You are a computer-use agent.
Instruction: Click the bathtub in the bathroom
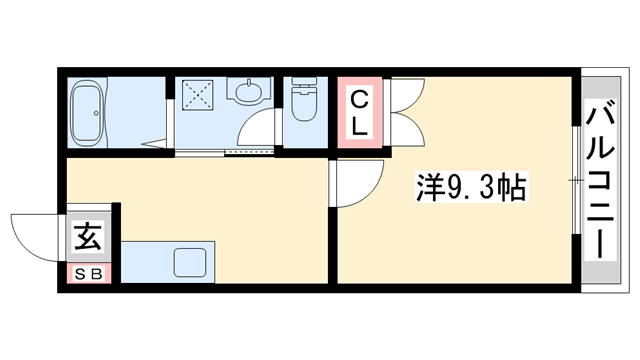[89, 111]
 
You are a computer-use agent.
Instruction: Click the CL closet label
[359, 111]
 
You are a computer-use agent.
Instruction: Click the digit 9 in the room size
[450, 187]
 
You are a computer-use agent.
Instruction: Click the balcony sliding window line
[576, 180]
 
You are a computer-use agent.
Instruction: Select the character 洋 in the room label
[428, 187]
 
